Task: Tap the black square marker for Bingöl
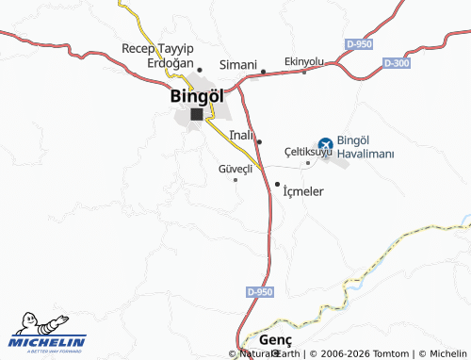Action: tap(196, 114)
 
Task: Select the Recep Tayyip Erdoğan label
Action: tap(157, 56)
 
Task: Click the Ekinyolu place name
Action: tap(303, 61)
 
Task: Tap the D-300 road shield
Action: tap(397, 62)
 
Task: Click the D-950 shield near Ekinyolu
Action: tap(358, 44)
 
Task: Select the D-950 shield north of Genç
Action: tap(260, 292)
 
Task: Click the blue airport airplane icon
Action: tap(325, 144)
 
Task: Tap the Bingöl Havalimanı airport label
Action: tap(365, 147)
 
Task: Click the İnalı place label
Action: tap(241, 135)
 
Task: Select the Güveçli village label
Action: tap(235, 169)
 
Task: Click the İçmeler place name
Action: tap(303, 191)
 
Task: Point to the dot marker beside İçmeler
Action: tap(277, 184)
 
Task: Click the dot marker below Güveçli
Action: tap(235, 180)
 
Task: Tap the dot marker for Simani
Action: tap(264, 71)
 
